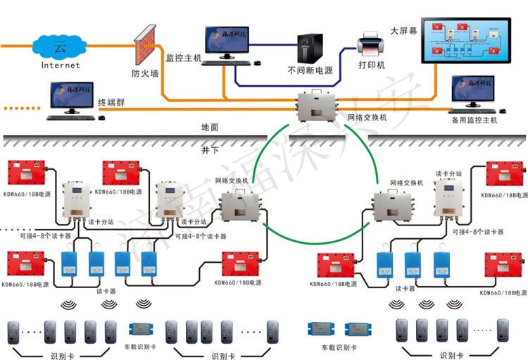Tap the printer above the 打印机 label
pos(370,44)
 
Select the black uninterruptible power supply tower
pos(310,48)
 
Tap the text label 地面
pos(210,128)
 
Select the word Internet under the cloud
pos(61,66)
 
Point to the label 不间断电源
pos(310,71)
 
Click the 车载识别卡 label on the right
pos(338,347)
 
